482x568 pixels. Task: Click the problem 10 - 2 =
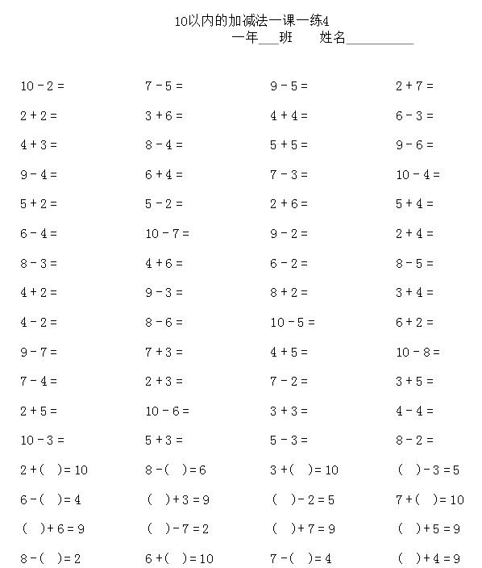tap(42, 86)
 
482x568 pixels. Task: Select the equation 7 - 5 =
tap(164, 86)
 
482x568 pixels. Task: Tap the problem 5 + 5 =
tap(289, 145)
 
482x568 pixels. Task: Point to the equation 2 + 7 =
tap(414, 86)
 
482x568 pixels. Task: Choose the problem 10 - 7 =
tap(167, 234)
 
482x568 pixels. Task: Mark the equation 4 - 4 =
tap(414, 411)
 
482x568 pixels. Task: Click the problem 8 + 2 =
tap(289, 293)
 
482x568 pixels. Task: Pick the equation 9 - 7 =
tap(39, 352)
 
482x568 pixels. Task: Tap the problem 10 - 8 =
tap(418, 352)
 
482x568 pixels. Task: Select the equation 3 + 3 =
tap(289, 411)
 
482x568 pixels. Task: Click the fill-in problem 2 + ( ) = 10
tap(54, 470)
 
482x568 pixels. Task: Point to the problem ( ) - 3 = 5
tap(428, 470)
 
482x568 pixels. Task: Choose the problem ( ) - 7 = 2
tap(177, 529)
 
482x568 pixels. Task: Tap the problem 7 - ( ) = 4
tap(301, 558)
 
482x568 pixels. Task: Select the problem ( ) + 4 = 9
tap(428, 558)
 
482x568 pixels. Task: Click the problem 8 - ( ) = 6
tap(176, 470)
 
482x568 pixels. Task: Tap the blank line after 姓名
tap(380, 39)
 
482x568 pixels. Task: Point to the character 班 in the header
tap(285, 37)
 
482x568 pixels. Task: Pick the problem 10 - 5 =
tap(293, 323)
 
